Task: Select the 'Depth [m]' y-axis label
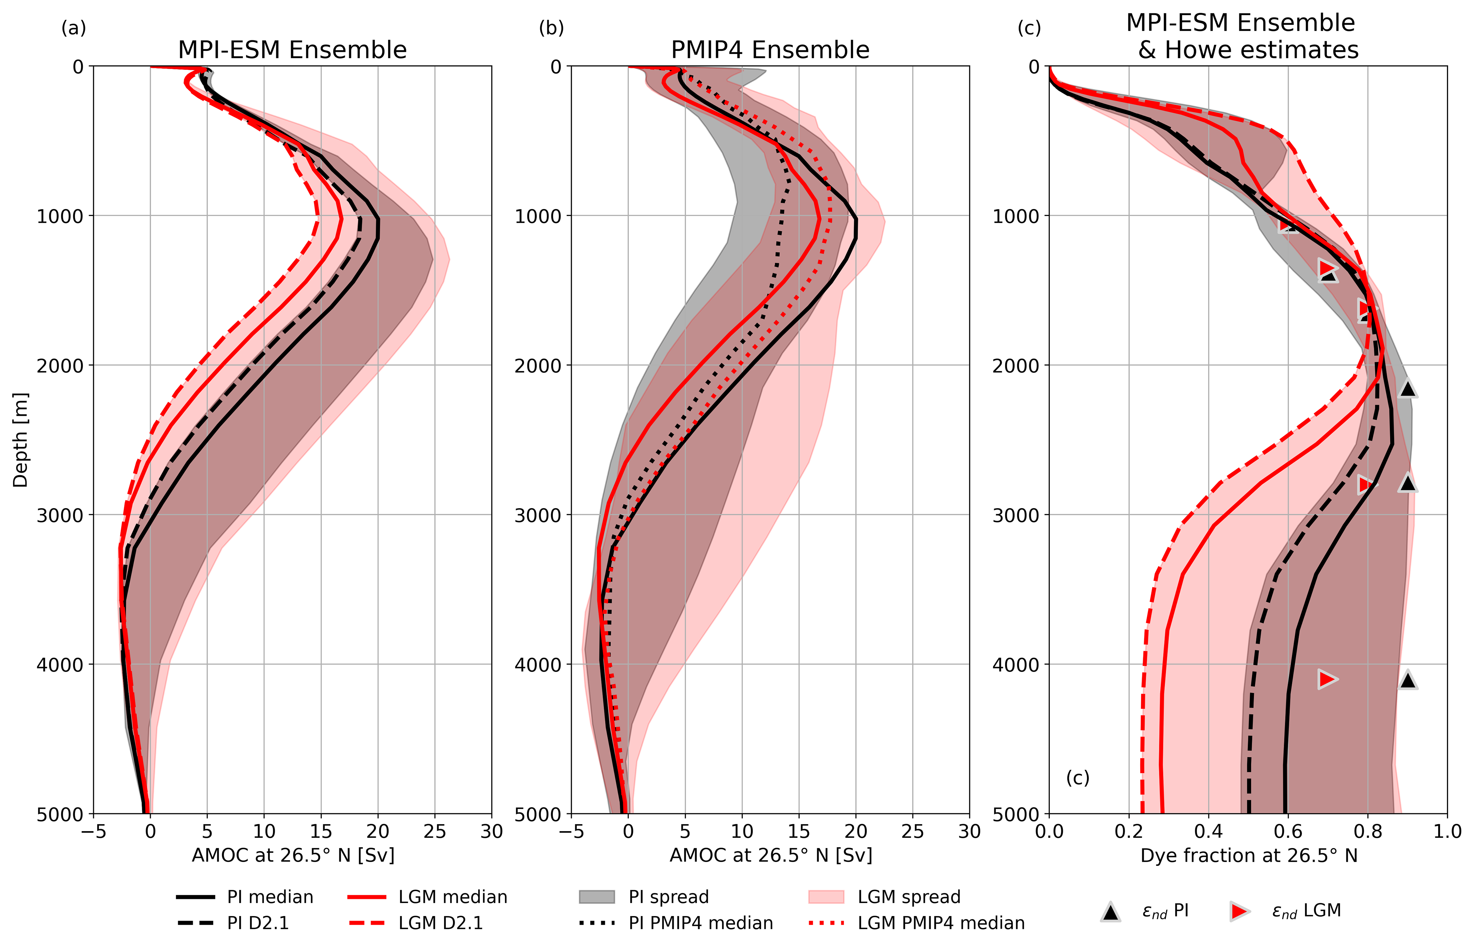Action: [x=20, y=440]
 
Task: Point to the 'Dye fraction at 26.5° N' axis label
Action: [x=1249, y=856]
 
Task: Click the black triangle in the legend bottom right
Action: [x=1110, y=912]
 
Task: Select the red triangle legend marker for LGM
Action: [x=1239, y=911]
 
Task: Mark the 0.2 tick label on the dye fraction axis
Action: [x=1129, y=832]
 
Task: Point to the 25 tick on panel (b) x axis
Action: [x=913, y=832]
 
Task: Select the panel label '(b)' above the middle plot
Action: [x=551, y=28]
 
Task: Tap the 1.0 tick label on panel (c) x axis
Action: [x=1447, y=832]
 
